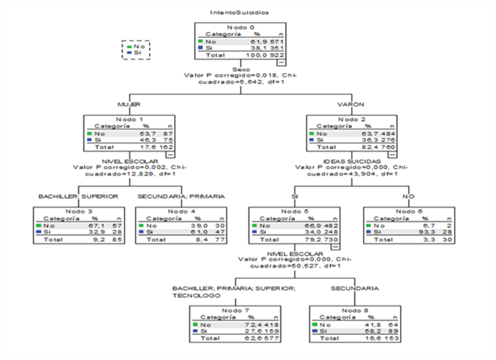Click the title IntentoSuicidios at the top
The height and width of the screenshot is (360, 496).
tap(239, 13)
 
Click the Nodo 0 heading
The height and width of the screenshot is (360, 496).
tap(239, 27)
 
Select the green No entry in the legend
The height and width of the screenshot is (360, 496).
tap(135, 46)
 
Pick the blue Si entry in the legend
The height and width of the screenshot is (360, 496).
tap(134, 53)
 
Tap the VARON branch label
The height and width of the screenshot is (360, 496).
tap(350, 104)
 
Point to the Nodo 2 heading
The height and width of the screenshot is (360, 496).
tap(351, 120)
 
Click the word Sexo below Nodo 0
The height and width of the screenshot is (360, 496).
tap(240, 69)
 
